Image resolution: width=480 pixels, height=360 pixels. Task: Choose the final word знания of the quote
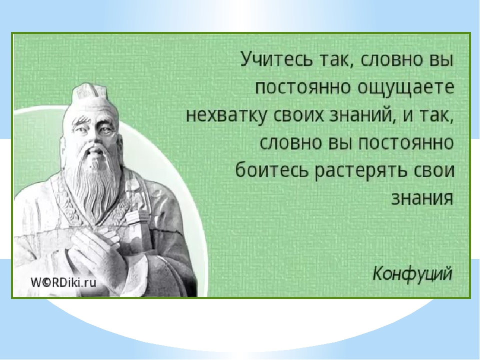422,198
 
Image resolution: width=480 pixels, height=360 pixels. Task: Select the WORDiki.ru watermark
63,282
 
